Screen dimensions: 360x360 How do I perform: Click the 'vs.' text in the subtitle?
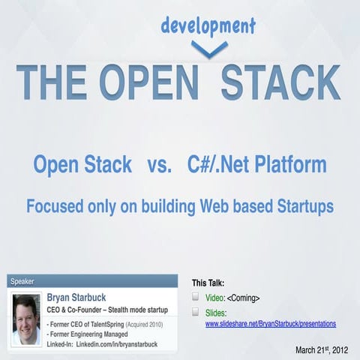pos(156,163)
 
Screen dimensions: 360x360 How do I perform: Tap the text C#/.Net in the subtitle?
pos(220,163)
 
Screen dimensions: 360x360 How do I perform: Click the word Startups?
pos(305,205)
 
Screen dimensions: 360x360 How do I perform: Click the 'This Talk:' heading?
pos(208,283)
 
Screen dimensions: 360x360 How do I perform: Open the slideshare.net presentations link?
pos(270,323)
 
